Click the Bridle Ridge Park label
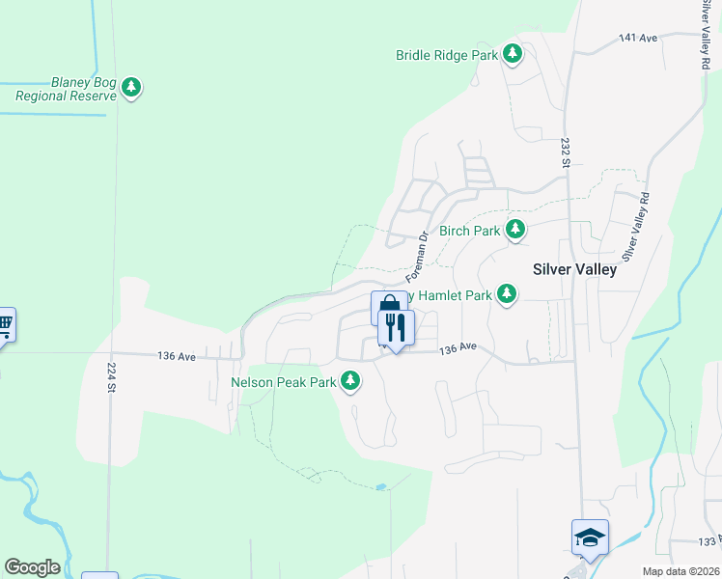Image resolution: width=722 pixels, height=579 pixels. (x=447, y=55)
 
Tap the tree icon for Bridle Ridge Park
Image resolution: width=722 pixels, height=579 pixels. (x=514, y=54)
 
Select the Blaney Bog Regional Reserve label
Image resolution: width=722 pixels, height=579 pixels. (x=65, y=89)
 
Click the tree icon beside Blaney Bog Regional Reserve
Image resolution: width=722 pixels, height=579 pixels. (x=131, y=89)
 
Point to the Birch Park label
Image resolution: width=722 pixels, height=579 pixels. (x=469, y=231)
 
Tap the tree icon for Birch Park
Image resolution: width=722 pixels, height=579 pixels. (x=516, y=230)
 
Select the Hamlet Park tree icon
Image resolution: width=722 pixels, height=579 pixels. (x=507, y=294)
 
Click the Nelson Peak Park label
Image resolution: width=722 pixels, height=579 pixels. (x=283, y=382)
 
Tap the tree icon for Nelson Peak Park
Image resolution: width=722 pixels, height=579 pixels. (x=350, y=382)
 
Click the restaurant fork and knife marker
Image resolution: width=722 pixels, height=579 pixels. (x=396, y=328)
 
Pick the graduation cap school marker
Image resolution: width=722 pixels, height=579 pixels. (x=590, y=537)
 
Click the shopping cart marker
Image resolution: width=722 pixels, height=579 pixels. (x=4, y=324)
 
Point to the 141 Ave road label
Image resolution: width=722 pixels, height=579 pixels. (x=637, y=38)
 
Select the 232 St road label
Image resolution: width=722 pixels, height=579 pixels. (x=565, y=152)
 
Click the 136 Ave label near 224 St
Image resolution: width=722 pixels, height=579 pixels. (x=177, y=356)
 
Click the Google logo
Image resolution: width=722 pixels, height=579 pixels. (x=32, y=567)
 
